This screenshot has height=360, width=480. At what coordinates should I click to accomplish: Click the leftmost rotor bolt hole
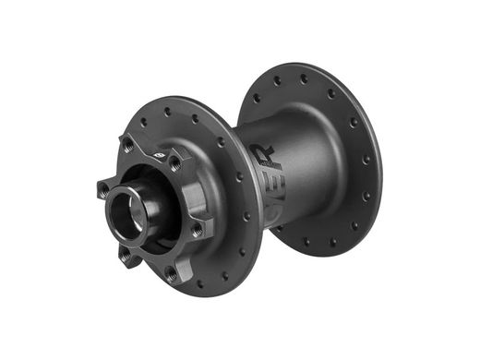[102, 190]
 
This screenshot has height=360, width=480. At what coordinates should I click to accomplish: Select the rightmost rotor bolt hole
[197, 229]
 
